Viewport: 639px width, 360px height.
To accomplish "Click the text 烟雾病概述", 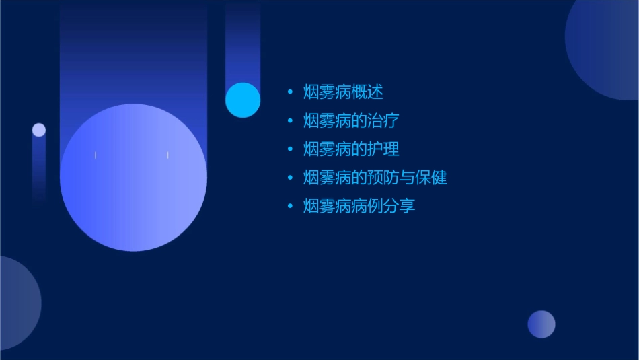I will pos(343,92).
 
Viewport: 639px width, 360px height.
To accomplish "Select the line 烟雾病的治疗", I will pos(350,121).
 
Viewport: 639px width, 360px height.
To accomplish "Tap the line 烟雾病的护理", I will pos(350,149).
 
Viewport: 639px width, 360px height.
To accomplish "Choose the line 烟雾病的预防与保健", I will pos(375,178).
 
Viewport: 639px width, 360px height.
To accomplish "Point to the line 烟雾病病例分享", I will pos(359,206).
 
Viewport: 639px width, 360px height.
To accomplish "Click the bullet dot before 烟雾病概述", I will pos(290,92).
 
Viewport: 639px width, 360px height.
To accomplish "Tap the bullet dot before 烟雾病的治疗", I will pos(290,121).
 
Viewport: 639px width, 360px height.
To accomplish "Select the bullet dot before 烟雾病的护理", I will pos(290,149).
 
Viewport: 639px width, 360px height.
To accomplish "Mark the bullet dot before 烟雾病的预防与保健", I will pos(290,178).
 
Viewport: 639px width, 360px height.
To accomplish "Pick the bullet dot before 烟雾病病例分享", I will pos(290,206).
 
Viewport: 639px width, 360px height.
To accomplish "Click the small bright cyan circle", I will pos(243,100).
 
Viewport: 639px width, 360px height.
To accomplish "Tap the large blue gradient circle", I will pos(133,178).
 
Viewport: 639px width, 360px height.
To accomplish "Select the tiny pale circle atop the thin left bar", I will pos(39,130).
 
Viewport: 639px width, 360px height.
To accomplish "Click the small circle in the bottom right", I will pos(541,324).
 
